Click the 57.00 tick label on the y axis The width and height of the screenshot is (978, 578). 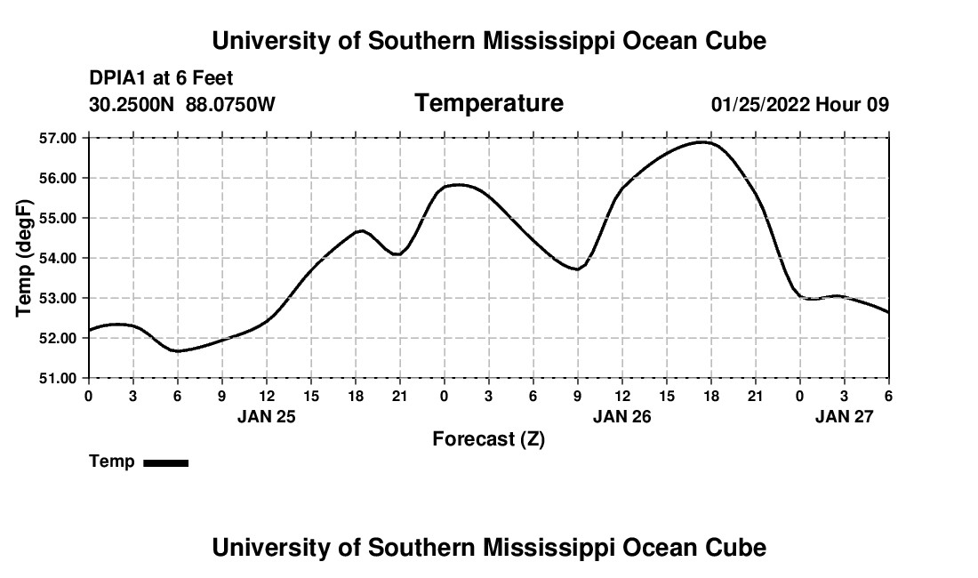pyautogui.click(x=57, y=138)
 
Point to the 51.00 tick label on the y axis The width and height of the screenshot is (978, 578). pyautogui.click(x=57, y=378)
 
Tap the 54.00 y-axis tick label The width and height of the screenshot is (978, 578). pyautogui.click(x=57, y=258)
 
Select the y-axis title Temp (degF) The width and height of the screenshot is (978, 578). pyautogui.click(x=25, y=258)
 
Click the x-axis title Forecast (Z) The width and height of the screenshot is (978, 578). pyautogui.click(x=488, y=438)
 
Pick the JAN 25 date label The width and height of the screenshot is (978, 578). pyautogui.click(x=266, y=415)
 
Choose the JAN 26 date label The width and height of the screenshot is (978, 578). pyautogui.click(x=621, y=415)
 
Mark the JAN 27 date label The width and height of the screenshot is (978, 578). pyautogui.click(x=844, y=415)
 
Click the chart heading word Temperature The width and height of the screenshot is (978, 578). pyautogui.click(x=489, y=103)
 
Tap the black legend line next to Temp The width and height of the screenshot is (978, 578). pyautogui.click(x=165, y=462)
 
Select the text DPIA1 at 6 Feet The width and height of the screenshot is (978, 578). pyautogui.click(x=161, y=79)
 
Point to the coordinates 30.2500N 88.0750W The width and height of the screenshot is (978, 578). pyautogui.click(x=181, y=105)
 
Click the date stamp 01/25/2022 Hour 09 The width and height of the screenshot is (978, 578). pyautogui.click(x=799, y=105)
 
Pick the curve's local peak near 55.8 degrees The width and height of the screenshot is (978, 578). pyautogui.click(x=456, y=185)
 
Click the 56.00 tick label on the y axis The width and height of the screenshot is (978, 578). pyautogui.click(x=57, y=178)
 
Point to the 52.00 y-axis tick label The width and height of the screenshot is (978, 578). pyautogui.click(x=57, y=338)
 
